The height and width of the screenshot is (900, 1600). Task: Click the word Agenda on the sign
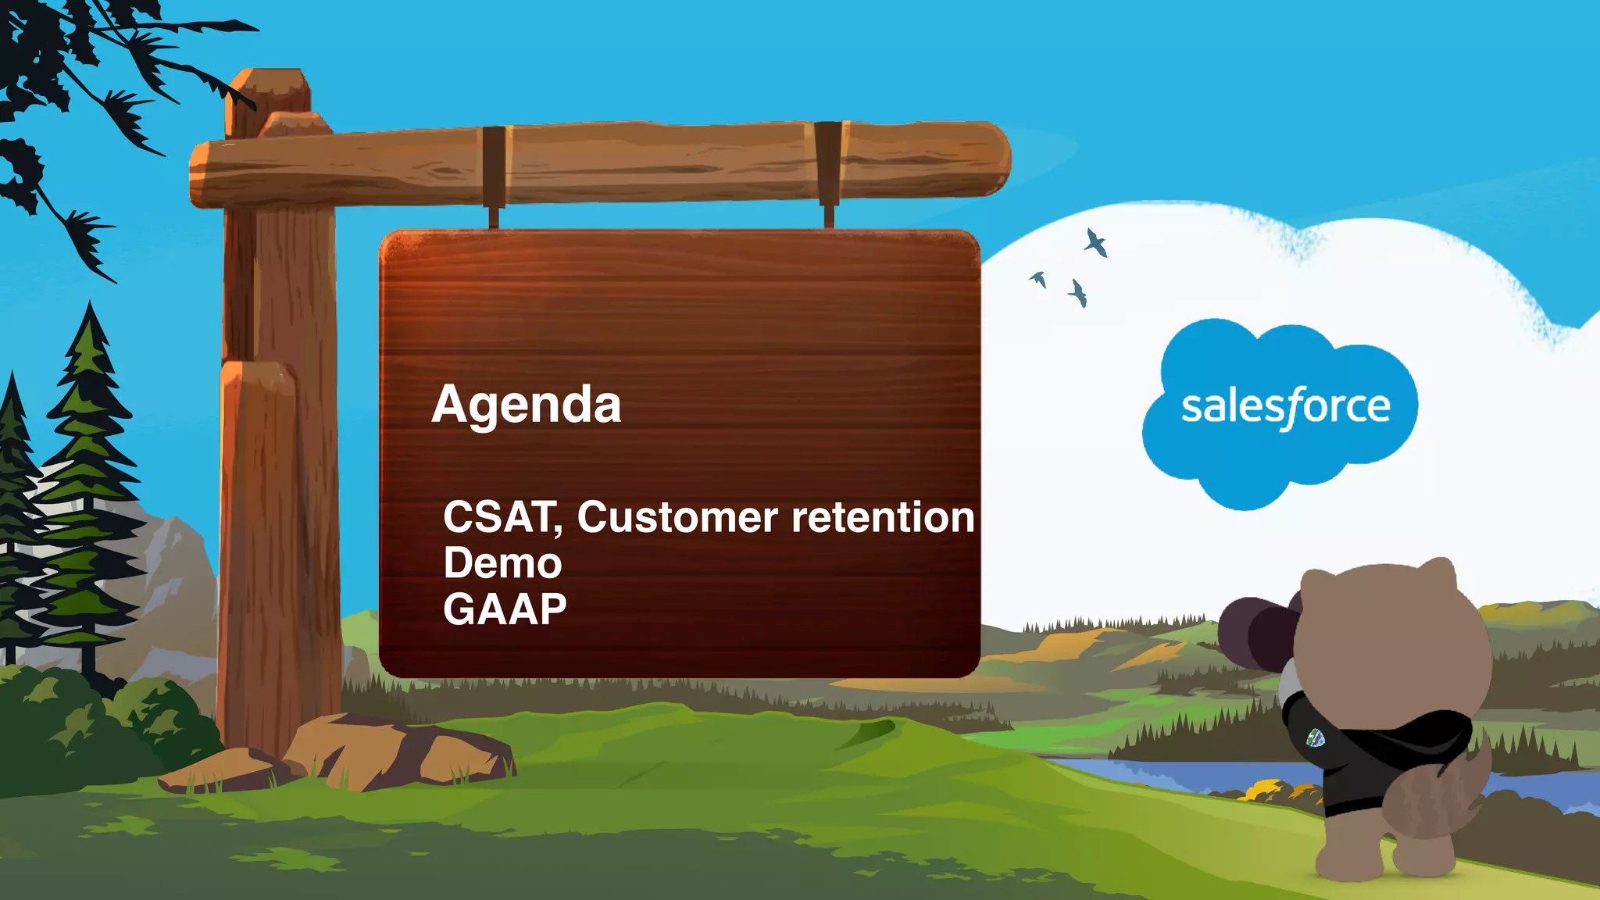526,405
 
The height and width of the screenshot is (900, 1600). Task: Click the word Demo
502,563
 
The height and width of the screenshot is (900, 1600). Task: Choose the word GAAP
505,609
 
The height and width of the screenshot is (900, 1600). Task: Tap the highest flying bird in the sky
1095,242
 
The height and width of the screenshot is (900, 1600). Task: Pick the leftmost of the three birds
1038,279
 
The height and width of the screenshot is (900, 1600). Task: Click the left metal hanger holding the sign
494,176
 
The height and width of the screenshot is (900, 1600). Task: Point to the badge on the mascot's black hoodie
1316,737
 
